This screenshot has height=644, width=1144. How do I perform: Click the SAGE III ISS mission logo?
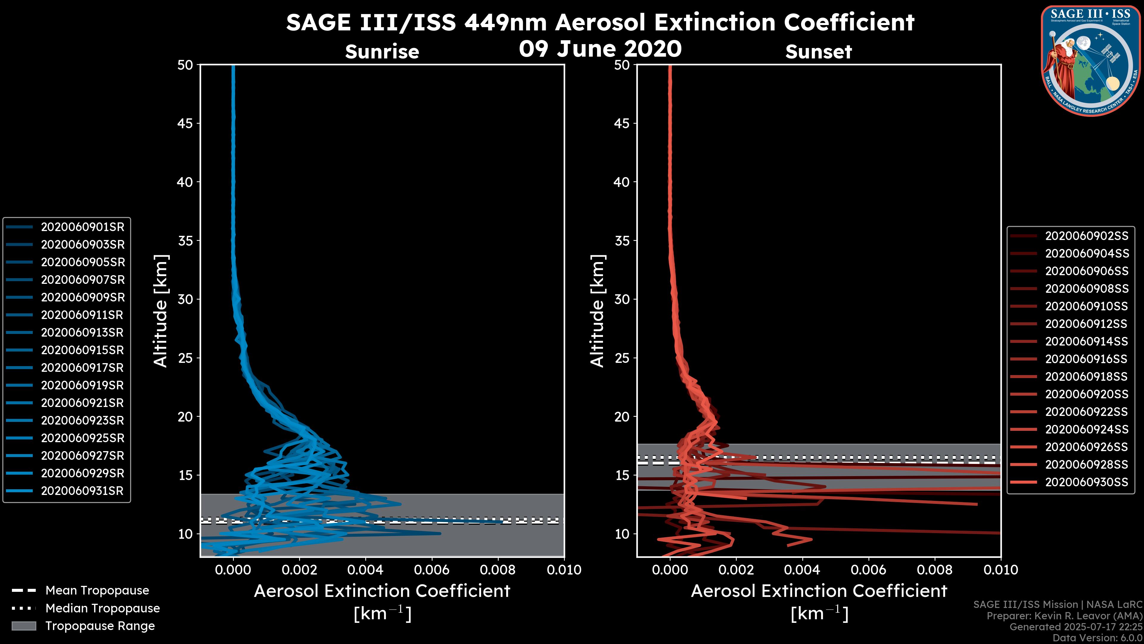click(1092, 61)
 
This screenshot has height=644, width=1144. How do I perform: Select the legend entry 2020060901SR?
click(83, 227)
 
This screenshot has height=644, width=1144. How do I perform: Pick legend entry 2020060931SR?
click(82, 491)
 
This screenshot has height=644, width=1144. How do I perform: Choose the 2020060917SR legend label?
click(82, 368)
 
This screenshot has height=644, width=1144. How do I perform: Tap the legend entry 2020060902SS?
click(1086, 236)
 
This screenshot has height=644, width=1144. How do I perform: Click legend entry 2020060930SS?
click(1086, 482)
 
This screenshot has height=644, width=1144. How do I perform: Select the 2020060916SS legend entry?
click(1086, 359)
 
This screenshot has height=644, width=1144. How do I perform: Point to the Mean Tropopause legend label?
click(97, 591)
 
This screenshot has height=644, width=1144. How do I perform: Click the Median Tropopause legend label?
click(102, 609)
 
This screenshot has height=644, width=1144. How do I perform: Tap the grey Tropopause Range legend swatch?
click(24, 626)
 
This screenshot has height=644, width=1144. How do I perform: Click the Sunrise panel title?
click(382, 52)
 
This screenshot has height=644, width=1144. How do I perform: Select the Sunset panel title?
click(818, 52)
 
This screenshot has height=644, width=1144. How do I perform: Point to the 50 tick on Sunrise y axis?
click(185, 65)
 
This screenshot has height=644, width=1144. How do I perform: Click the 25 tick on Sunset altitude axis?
click(622, 358)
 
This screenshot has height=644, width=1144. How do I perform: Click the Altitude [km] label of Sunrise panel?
click(161, 311)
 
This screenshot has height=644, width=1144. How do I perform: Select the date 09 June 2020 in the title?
click(600, 49)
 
